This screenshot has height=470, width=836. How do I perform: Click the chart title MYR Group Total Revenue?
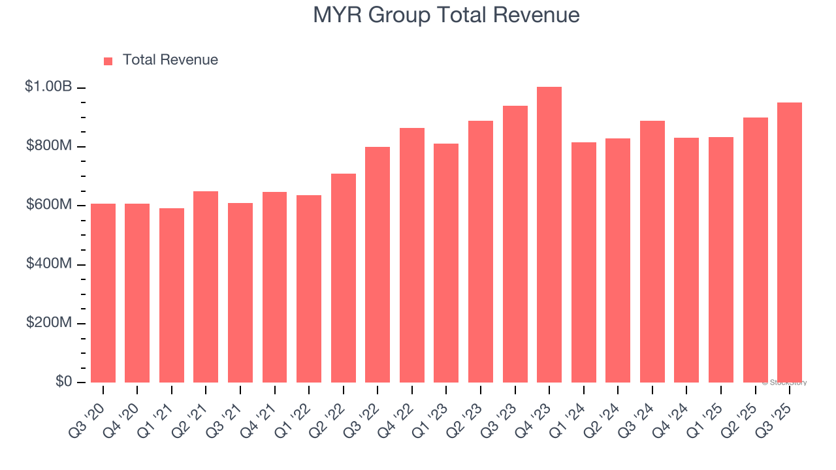point(446,14)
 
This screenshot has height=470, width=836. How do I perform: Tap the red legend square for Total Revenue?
point(108,61)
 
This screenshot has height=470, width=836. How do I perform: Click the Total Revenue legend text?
point(170,60)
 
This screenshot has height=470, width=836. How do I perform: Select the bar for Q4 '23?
point(549,235)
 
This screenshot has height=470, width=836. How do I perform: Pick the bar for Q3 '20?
point(103,293)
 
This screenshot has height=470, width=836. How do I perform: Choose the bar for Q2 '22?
point(344,278)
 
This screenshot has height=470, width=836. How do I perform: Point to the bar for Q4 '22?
point(412,255)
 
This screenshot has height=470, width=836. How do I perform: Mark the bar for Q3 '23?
point(515,244)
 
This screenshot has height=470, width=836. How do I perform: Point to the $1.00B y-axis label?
point(48,87)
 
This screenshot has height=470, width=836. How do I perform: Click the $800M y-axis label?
point(48,146)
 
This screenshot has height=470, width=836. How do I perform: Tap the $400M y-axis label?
point(48,264)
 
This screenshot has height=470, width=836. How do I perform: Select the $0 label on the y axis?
point(63,382)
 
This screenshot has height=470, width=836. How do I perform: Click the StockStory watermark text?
point(784,383)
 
